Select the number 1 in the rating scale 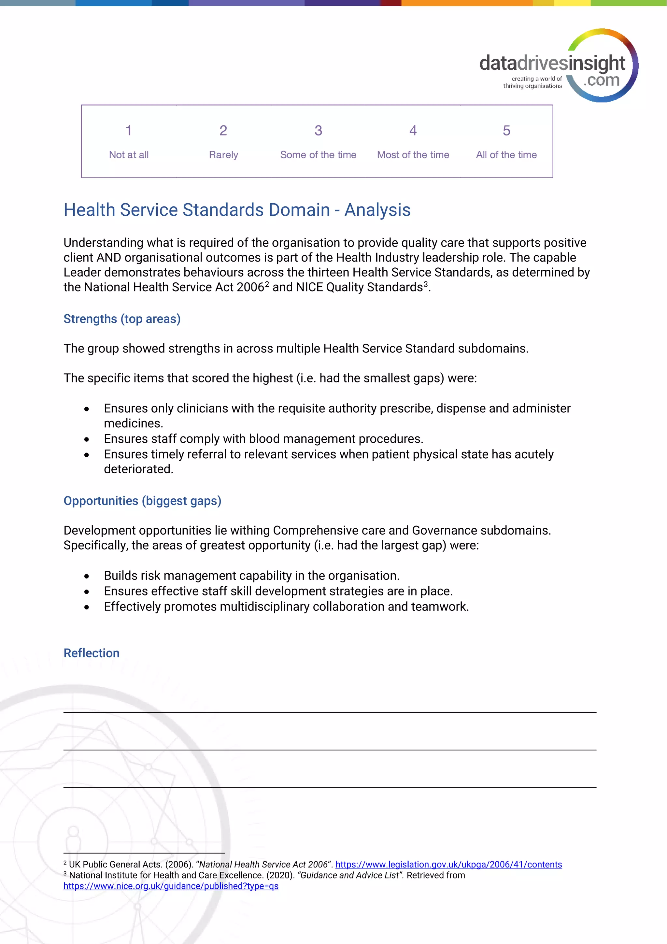129,130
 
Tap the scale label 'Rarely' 223,155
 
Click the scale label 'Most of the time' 413,155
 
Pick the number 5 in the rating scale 506,130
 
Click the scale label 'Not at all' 129,155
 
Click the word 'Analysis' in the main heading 377,210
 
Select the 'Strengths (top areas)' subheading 122,319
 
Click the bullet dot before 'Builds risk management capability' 87,577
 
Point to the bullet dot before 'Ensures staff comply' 87,439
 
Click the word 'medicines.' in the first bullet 134,423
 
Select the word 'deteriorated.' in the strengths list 138,469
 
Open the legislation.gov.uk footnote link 448,864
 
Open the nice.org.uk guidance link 171,886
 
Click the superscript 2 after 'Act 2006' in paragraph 267,284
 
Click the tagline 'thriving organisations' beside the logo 532,86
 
